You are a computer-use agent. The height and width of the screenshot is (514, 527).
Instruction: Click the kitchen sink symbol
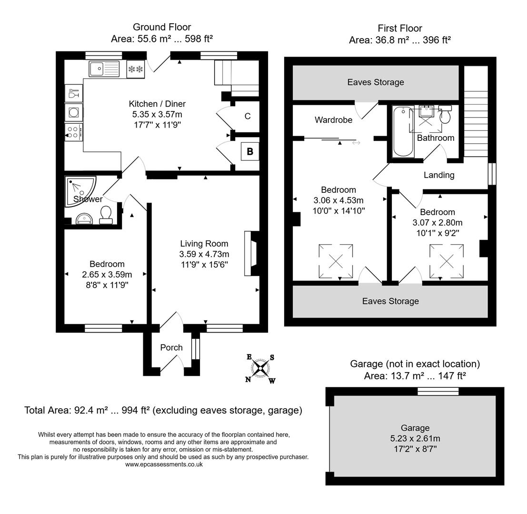[x=104, y=69]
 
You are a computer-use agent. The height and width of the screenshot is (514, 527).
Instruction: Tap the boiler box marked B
[x=250, y=152]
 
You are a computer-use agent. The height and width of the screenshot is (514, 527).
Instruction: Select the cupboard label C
[x=248, y=117]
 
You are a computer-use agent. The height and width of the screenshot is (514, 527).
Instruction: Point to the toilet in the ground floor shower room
[x=106, y=214]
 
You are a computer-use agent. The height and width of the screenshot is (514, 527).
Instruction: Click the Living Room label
[x=204, y=244]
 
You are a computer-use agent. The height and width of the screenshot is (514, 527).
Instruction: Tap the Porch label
[x=171, y=347]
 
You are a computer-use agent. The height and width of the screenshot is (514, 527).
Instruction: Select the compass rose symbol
[x=260, y=368]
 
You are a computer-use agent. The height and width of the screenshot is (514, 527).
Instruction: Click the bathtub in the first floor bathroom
[x=403, y=132]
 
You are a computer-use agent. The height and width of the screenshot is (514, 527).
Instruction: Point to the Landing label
[x=439, y=175]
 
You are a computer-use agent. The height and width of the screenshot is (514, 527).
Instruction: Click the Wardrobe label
[x=334, y=120]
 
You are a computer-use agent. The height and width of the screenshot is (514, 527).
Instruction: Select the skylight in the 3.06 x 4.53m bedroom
[x=336, y=261]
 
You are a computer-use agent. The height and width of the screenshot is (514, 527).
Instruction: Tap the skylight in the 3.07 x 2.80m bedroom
[x=447, y=261]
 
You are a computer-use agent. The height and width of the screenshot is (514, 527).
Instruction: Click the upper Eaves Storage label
[x=376, y=82]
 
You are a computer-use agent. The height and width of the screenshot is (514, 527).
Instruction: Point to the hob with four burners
[x=74, y=132]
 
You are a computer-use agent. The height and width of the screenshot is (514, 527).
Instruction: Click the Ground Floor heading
[x=162, y=27]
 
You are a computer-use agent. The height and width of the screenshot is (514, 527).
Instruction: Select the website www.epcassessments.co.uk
[x=164, y=464]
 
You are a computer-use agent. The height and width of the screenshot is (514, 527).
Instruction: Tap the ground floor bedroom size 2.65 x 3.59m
[x=107, y=275]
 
